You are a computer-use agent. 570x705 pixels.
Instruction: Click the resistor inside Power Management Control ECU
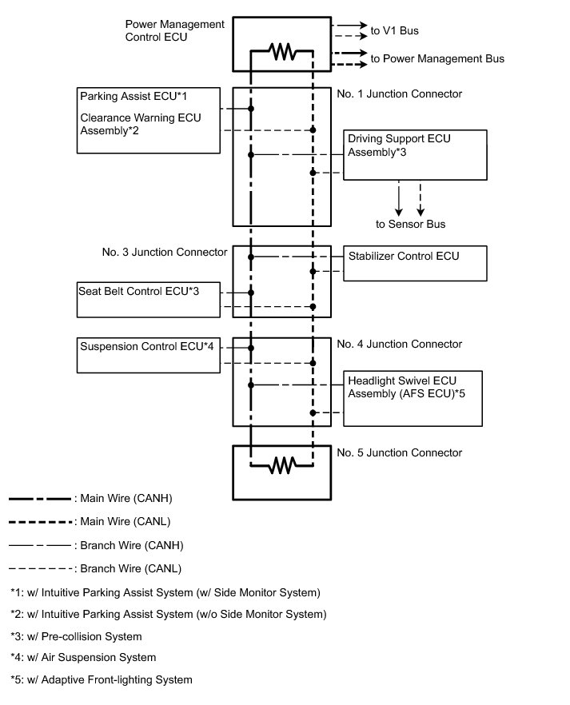(x=282, y=52)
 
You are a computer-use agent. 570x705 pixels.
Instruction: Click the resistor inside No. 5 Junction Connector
(x=282, y=464)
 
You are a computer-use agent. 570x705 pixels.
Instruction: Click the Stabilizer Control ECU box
(x=415, y=264)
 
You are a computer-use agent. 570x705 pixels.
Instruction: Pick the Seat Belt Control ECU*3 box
(x=149, y=298)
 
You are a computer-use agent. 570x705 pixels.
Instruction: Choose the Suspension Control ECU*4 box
(x=154, y=355)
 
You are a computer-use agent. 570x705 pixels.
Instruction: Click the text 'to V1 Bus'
(x=395, y=31)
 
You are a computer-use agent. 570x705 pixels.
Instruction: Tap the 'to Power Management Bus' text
(x=437, y=58)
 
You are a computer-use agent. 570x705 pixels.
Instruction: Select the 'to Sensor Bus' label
(x=411, y=224)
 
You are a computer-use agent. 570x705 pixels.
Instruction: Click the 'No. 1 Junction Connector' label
(x=400, y=94)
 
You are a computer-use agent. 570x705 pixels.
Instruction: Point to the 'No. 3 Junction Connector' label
(x=165, y=253)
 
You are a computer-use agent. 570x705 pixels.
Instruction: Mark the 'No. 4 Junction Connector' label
(x=400, y=344)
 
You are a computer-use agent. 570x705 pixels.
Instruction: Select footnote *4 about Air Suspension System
(x=84, y=657)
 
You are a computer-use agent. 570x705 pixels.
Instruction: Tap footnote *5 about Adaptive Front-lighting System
(x=102, y=680)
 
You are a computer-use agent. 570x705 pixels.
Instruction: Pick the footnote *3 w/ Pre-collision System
(x=76, y=636)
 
